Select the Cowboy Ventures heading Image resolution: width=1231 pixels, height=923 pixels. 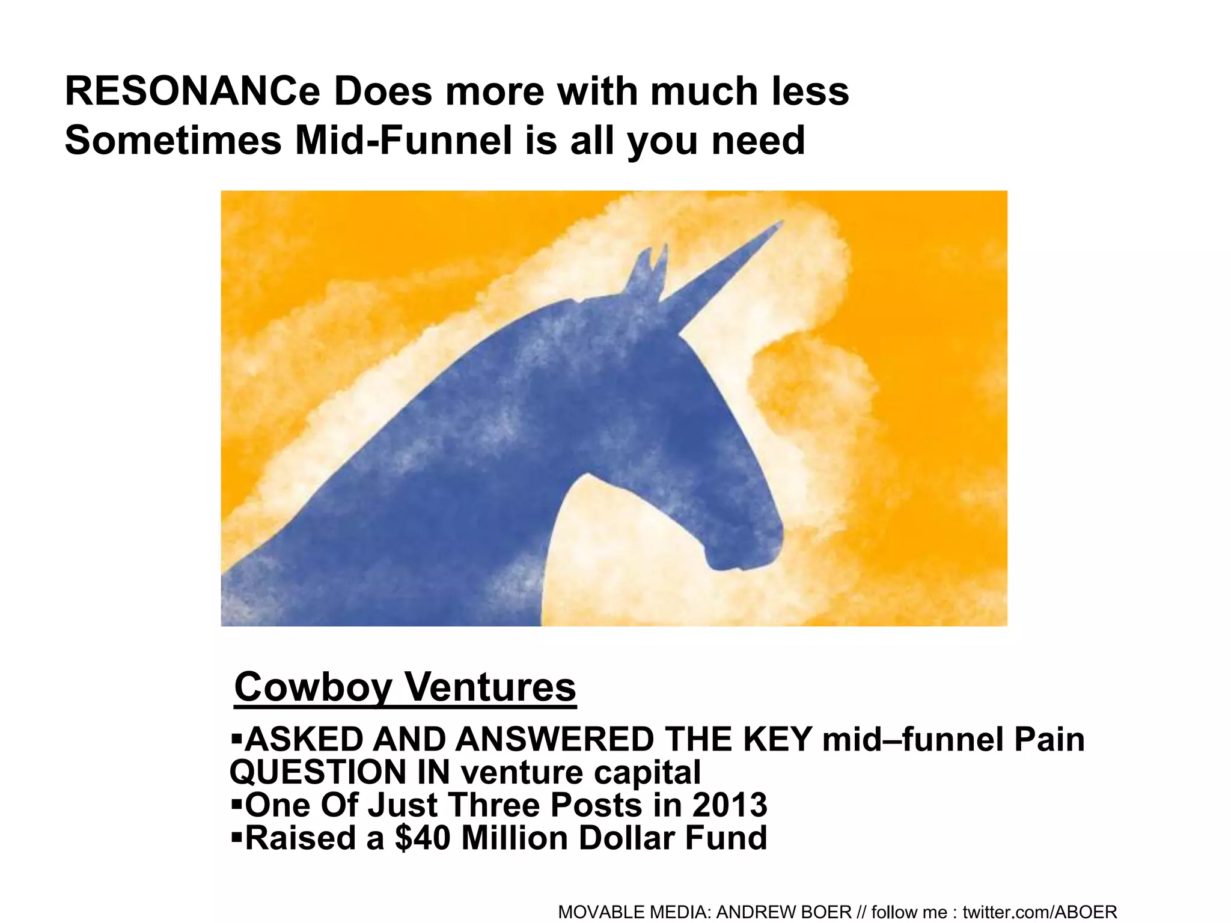coord(405,687)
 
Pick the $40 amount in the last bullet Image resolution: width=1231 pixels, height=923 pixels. coord(422,838)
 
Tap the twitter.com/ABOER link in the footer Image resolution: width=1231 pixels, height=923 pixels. coord(1039,912)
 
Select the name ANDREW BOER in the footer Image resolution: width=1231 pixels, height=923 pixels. coord(784,912)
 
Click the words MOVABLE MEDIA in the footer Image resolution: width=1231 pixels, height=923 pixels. coord(634,912)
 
